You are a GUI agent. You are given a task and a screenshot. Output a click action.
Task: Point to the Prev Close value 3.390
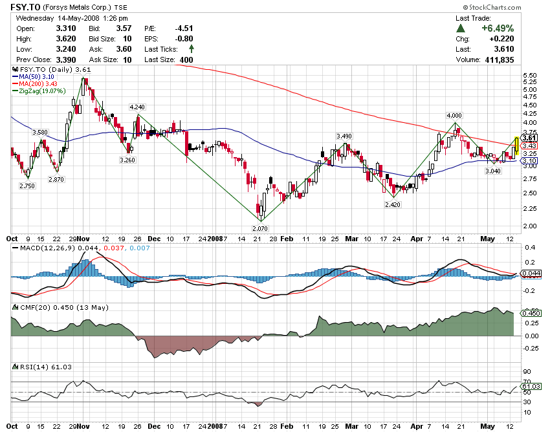pos(65,59)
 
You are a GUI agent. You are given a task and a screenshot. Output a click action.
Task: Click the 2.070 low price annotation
pos(259,228)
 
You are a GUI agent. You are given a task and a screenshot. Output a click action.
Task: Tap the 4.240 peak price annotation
pos(137,107)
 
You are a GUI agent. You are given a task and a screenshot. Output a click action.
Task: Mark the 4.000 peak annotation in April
pos(454,114)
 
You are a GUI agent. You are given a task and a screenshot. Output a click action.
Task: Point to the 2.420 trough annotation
pos(392,204)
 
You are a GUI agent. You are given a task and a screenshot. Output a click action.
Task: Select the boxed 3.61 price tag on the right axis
pos(529,138)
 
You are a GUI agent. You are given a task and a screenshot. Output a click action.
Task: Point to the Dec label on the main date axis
pos(153,238)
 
